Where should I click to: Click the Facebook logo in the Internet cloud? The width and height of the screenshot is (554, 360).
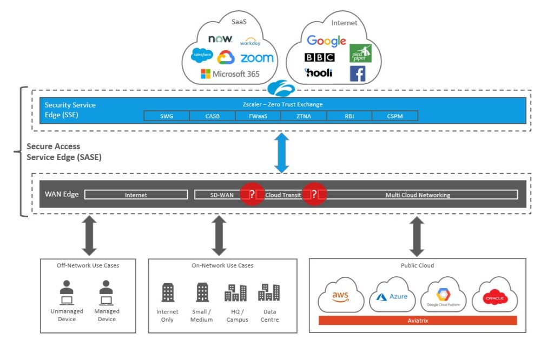[x=358, y=74]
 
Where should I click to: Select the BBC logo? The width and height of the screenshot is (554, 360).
[x=319, y=57]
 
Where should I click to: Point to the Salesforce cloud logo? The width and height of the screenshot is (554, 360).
[x=202, y=55]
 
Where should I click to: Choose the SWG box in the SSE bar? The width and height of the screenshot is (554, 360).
[x=167, y=116]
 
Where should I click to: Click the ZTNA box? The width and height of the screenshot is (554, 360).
[x=304, y=116]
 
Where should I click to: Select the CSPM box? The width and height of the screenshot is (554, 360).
[x=394, y=116]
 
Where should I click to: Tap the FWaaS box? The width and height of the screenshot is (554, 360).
[x=258, y=116]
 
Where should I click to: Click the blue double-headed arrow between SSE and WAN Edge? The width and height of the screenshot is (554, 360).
[x=281, y=154]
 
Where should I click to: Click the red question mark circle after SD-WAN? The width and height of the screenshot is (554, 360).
[x=252, y=195]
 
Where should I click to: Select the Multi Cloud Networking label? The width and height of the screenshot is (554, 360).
[x=418, y=195]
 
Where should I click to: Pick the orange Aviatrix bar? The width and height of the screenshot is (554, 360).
[x=418, y=321]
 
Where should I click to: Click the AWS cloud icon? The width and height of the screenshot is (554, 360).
[x=340, y=296]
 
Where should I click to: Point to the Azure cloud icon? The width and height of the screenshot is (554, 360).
[x=392, y=297]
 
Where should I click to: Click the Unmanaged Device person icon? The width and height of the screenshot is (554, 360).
[x=67, y=292]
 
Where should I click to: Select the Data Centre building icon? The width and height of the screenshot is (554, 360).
[x=269, y=292]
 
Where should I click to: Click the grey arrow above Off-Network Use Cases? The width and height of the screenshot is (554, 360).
[x=89, y=236]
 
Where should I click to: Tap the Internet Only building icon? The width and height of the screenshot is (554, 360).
[x=168, y=292]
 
